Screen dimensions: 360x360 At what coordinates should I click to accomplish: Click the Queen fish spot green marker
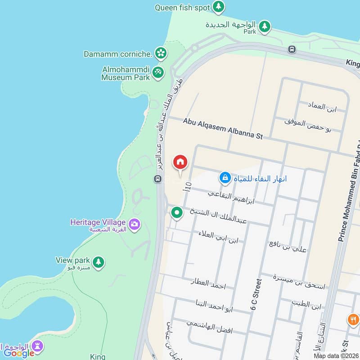(x=219, y=7)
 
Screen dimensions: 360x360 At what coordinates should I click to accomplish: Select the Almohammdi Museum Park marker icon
(x=157, y=72)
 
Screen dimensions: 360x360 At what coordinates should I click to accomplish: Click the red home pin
(x=180, y=162)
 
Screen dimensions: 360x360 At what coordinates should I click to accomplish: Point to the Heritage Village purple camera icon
(x=134, y=224)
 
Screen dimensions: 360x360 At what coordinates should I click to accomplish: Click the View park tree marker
(x=98, y=261)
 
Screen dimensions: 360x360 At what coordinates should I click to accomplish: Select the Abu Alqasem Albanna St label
(x=223, y=129)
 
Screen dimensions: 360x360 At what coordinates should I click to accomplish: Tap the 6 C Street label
(x=256, y=295)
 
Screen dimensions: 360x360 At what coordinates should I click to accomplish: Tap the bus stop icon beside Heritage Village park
(x=157, y=179)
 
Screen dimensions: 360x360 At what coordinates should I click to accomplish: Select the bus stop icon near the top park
(x=292, y=49)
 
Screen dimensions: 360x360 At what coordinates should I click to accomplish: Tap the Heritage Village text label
(x=99, y=222)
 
